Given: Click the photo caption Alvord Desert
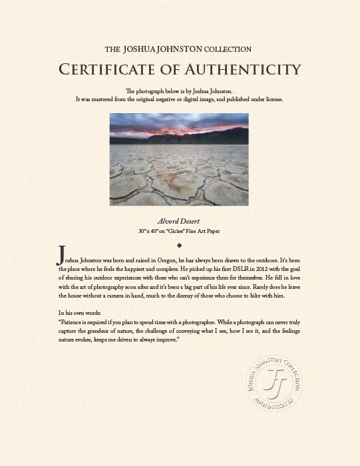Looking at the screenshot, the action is tap(180, 220).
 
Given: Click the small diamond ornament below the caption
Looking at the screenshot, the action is tap(180, 245).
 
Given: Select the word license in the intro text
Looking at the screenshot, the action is tap(271, 99).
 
